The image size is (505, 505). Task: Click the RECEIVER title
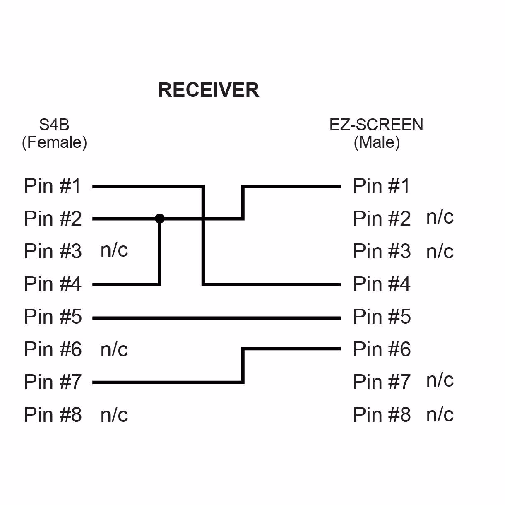tap(209, 90)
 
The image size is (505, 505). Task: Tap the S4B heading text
tap(54, 125)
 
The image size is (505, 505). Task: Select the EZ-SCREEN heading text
tap(376, 125)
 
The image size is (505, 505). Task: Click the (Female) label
tap(54, 142)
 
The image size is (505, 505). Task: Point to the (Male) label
tap(377, 142)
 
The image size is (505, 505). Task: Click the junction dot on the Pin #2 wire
tap(160, 219)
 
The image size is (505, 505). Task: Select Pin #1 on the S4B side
tap(53, 186)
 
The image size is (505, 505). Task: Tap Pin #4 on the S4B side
tap(53, 284)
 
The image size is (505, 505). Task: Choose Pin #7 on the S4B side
tap(53, 382)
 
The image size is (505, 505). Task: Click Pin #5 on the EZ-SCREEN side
tap(382, 317)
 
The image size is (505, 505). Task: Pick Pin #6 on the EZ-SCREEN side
tap(382, 349)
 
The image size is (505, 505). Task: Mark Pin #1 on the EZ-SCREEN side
tap(381, 186)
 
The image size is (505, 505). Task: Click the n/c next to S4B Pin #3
tap(114, 250)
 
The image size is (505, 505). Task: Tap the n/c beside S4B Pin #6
tap(114, 350)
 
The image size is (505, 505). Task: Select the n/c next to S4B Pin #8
tap(114, 415)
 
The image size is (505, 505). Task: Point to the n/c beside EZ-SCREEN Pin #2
tap(440, 217)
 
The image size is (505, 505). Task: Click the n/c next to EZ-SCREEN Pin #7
tap(440, 380)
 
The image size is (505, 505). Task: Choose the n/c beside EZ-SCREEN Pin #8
tap(440, 415)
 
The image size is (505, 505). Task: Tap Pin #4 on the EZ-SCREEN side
tap(382, 284)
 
